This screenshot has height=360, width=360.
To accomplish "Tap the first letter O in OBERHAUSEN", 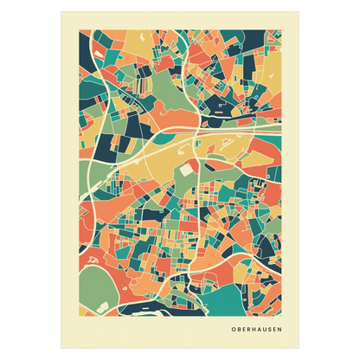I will [234, 330].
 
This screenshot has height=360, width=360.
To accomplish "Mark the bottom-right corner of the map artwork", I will [282, 313].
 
